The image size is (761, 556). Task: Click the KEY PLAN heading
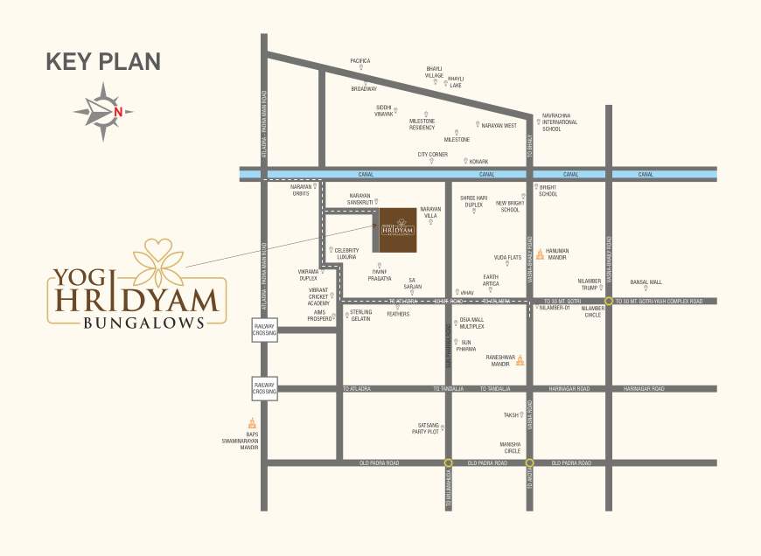pos(103,61)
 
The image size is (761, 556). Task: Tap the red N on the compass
pos(118,111)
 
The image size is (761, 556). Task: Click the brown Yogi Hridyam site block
pos(398,230)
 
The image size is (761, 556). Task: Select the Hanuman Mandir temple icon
pos(540,254)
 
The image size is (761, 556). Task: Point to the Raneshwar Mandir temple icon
pos(520,359)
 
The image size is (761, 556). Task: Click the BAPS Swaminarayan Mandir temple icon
pos(253,423)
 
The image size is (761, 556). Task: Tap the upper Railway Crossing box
pos(264,330)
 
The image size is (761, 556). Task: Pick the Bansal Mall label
pos(646,282)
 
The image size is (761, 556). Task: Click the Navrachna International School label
pos(560,122)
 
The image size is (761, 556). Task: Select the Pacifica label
pos(360,61)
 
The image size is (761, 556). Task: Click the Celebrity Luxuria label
pos(348,254)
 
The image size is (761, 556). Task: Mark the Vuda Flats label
pos(508,257)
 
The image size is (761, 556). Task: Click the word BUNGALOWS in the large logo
pos(144,322)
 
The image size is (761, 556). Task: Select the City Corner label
pos(432,155)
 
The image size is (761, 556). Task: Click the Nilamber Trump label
pos(590,284)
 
